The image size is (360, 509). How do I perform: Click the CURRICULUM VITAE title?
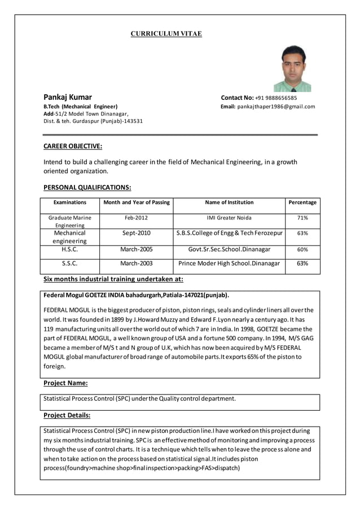coord(166,34)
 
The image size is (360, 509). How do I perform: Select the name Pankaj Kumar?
coord(68,97)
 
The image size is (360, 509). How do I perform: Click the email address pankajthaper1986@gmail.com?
coord(276,106)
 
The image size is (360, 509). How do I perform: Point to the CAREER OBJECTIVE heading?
coord(73,146)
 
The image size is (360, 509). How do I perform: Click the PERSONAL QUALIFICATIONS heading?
coord(87,187)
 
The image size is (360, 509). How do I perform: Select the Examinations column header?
coord(69,202)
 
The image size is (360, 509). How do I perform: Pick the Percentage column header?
coord(302,202)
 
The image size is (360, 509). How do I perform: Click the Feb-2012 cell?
coord(136,218)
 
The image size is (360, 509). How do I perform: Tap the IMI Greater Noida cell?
coord(229,218)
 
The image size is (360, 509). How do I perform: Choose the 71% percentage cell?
coord(302,218)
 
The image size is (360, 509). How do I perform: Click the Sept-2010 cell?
coord(136,232)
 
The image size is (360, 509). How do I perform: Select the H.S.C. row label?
coord(69,249)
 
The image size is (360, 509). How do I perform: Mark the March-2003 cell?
coord(136,264)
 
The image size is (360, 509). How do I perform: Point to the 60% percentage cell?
coord(302,249)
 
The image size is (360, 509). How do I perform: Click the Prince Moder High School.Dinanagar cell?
coord(229,264)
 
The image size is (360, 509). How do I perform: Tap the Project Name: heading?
coord(65,383)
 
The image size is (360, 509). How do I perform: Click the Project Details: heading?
coord(67,415)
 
